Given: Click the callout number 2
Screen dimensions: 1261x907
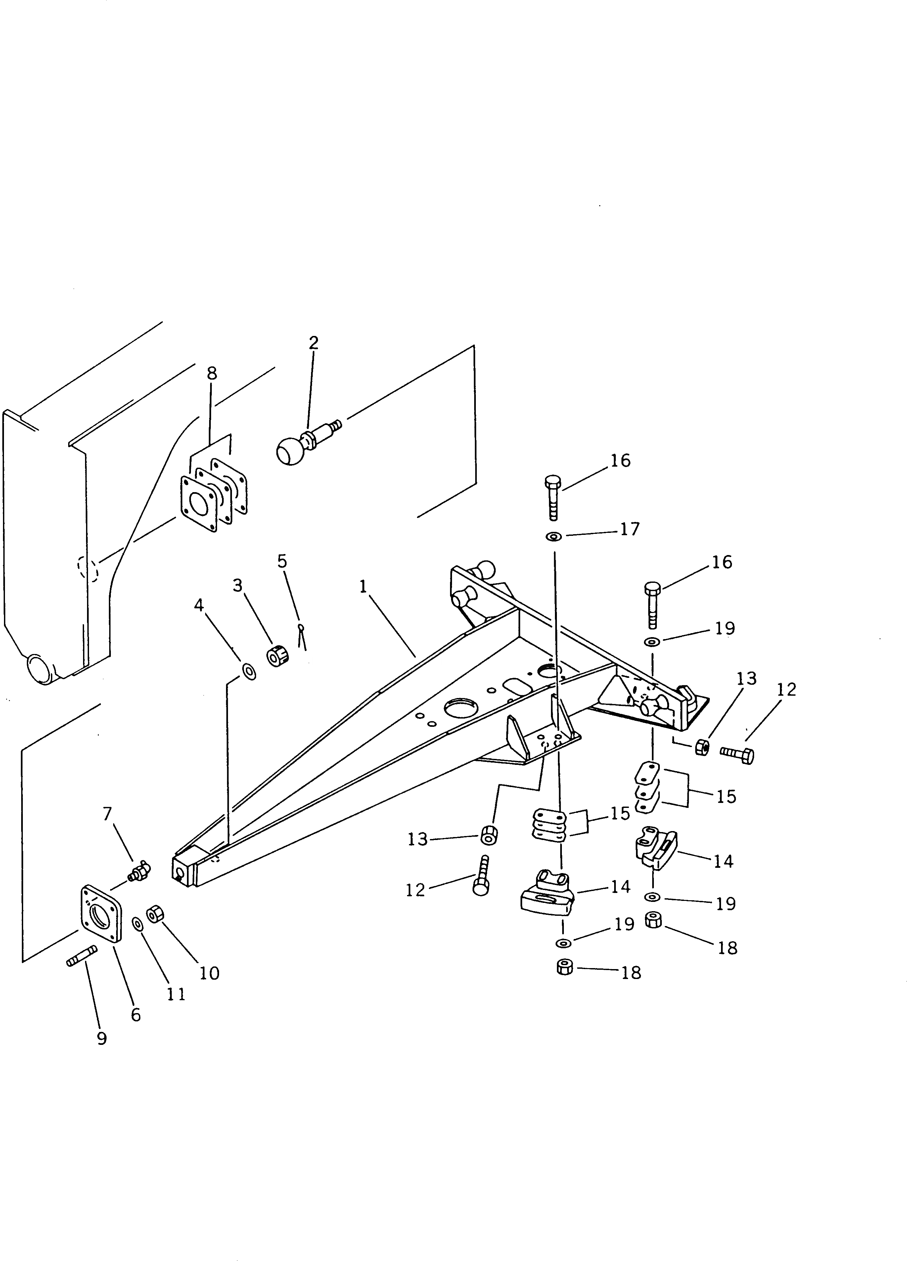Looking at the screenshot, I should coord(313,343).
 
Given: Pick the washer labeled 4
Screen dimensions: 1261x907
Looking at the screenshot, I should coord(249,671).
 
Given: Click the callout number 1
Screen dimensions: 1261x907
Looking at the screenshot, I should coord(363,586).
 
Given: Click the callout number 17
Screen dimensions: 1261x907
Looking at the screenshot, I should coord(630,529).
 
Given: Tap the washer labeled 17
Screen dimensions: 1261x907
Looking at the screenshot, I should coord(554,537).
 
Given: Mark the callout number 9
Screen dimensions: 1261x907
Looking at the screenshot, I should coord(102,1038).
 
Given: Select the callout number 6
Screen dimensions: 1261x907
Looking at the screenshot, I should coord(136,1015).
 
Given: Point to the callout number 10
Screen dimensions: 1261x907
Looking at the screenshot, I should coord(209,973).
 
